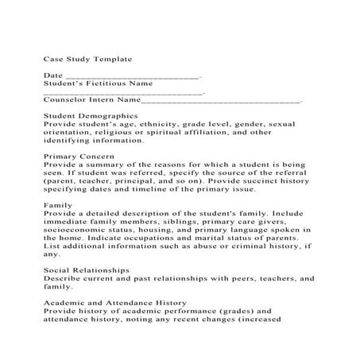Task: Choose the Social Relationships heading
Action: coord(87,270)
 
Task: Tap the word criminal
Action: coord(248,246)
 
